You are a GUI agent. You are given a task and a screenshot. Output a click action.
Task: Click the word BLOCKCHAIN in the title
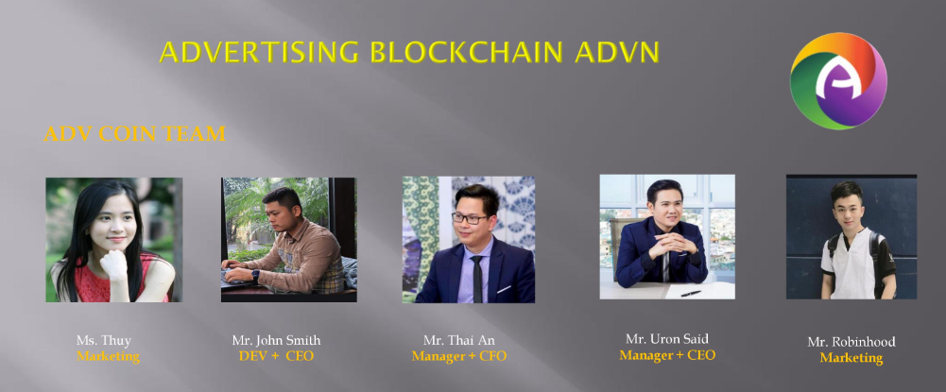pyautogui.click(x=468, y=53)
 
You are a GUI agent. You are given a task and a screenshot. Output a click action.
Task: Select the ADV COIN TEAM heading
pyautogui.click(x=134, y=133)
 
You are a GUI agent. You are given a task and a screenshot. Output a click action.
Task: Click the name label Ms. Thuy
pyautogui.click(x=103, y=340)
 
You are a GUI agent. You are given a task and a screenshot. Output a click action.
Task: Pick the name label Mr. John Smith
pyautogui.click(x=276, y=340)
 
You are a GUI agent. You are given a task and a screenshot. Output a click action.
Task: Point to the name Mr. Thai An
pyautogui.click(x=459, y=340)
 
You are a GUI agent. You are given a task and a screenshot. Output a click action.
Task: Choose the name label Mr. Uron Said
pyautogui.click(x=666, y=338)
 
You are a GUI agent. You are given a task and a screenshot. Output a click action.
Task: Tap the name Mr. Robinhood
pyautogui.click(x=851, y=342)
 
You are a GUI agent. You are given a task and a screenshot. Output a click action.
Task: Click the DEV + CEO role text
pyautogui.click(x=276, y=356)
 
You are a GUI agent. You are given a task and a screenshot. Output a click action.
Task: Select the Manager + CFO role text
pyautogui.click(x=459, y=356)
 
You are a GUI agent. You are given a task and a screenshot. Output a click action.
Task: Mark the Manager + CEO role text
pyautogui.click(x=667, y=355)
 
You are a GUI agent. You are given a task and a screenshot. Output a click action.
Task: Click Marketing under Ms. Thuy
pyautogui.click(x=108, y=356)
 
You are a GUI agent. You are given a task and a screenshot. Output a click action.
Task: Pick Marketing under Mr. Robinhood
pyautogui.click(x=851, y=358)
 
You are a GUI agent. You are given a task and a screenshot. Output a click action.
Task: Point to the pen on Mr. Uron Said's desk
pyautogui.click(x=691, y=293)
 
